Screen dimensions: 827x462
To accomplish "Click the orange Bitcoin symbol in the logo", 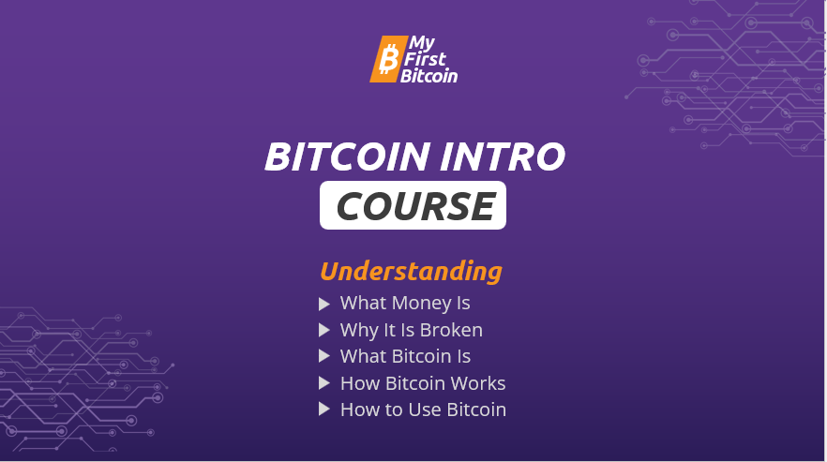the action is click(388, 59).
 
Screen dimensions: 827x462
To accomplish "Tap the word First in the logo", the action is click(425, 59).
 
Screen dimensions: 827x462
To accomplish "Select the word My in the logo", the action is click(422, 44).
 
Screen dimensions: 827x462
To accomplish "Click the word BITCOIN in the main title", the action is click(347, 156).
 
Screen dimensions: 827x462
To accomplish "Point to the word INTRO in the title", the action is click(503, 156).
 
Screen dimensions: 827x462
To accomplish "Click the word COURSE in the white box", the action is click(415, 205).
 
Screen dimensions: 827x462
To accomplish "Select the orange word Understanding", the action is click(411, 272).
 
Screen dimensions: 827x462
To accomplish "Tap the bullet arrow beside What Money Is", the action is click(324, 304).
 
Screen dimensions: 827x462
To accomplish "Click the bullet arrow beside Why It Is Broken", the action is click(324, 330).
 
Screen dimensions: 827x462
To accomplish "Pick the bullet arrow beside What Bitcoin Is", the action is click(324, 356).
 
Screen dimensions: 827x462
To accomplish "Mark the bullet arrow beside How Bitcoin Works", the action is click(324, 383).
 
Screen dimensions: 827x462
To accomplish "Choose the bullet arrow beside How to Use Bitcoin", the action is click(324, 410).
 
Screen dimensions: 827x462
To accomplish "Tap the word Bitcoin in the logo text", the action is click(429, 75).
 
